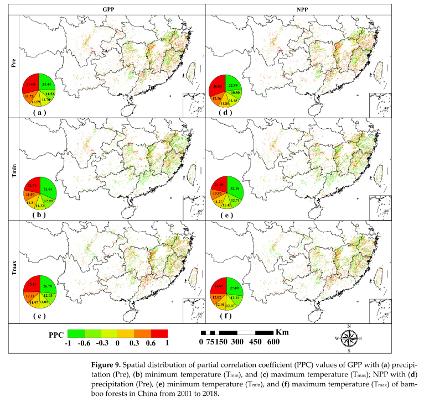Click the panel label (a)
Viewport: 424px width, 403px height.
click(x=38, y=112)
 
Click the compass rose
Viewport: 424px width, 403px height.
click(x=349, y=338)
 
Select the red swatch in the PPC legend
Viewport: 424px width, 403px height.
click(x=159, y=333)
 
